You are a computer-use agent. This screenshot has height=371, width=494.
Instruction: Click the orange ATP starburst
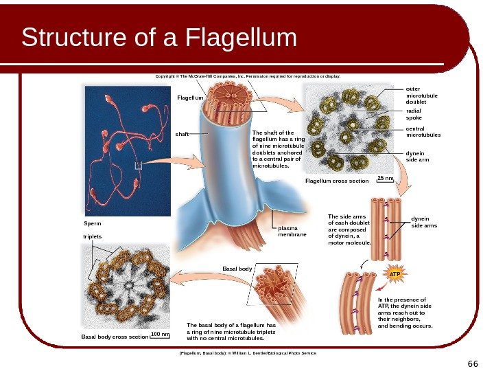[394, 274]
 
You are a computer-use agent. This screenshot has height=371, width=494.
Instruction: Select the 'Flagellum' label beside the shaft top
[191, 98]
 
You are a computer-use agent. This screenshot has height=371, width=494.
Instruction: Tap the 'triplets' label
[92, 236]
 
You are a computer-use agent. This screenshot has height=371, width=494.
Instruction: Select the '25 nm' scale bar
[386, 179]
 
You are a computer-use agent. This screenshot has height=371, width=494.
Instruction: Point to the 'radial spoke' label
[414, 113]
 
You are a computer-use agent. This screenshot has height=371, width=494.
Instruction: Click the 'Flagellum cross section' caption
[337, 181]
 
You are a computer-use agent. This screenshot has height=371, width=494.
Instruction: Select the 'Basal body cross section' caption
[115, 337]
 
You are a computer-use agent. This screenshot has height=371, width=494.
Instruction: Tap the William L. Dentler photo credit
[247, 352]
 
